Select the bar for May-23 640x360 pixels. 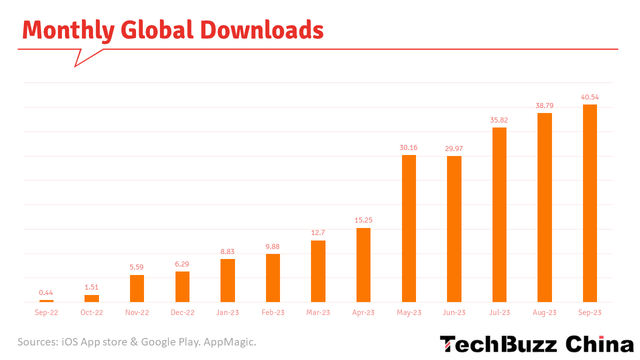click(x=409, y=228)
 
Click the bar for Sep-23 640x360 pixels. click(x=590, y=203)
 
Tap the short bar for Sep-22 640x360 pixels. click(x=46, y=300)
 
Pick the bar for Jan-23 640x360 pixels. click(x=227, y=280)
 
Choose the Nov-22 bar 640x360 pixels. click(x=137, y=288)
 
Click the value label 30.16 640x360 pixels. click(x=408, y=147)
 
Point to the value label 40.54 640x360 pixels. click(x=589, y=97)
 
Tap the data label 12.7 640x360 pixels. click(x=318, y=232)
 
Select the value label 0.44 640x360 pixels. click(x=46, y=292)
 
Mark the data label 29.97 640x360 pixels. click(x=454, y=148)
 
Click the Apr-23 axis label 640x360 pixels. click(x=363, y=312)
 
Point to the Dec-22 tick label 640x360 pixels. click(x=182, y=312)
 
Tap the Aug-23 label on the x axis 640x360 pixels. click(x=544, y=312)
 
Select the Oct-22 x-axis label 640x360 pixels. click(x=91, y=312)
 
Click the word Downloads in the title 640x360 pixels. click(x=262, y=30)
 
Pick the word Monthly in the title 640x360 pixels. click(x=68, y=30)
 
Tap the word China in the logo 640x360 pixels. click(x=599, y=344)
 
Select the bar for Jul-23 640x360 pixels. click(x=499, y=214)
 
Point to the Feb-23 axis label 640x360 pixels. click(x=273, y=312)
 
